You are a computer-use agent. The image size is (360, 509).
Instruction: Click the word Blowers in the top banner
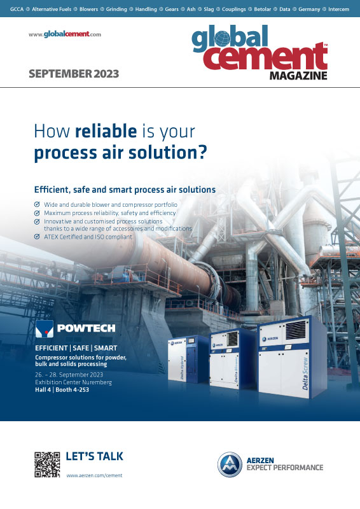click(x=88, y=9)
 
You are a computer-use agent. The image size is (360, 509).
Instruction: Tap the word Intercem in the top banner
click(x=338, y=9)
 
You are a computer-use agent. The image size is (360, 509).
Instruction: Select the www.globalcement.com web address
click(x=65, y=34)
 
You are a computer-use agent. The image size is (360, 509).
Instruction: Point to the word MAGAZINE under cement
click(x=298, y=76)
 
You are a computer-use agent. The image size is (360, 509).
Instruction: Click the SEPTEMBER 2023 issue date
click(x=74, y=74)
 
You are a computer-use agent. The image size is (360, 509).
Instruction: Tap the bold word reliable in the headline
click(x=106, y=131)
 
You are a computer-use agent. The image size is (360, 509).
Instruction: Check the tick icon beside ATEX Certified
click(x=37, y=237)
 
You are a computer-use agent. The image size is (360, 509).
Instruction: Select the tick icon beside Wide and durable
click(x=37, y=204)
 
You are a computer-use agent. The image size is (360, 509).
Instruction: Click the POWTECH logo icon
click(x=45, y=329)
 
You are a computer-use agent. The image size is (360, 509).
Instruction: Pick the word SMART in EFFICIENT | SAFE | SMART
click(x=106, y=348)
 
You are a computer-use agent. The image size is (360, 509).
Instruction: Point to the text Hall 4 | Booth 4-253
click(x=62, y=390)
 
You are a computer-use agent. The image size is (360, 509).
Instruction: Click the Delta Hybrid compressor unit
click(x=188, y=359)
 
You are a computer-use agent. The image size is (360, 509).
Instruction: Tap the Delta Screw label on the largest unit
click(x=305, y=373)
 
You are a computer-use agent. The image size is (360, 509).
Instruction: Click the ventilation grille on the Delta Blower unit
click(x=232, y=338)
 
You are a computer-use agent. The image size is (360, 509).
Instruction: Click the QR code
click(x=48, y=464)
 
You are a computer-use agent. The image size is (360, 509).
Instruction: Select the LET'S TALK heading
click(x=95, y=456)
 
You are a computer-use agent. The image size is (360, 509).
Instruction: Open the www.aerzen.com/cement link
click(x=95, y=475)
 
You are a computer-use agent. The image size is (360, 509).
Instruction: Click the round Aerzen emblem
click(x=230, y=464)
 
